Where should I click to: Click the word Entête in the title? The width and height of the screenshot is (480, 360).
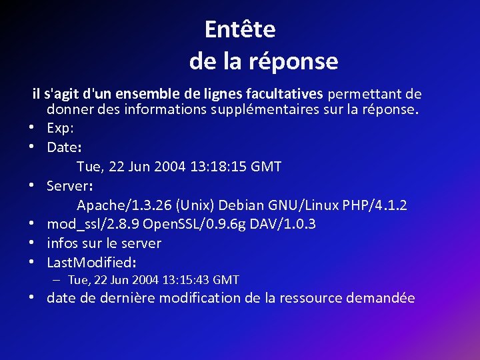click(240, 29)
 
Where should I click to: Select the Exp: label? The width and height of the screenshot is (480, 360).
click(61, 127)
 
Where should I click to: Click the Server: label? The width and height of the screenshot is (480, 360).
click(69, 184)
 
